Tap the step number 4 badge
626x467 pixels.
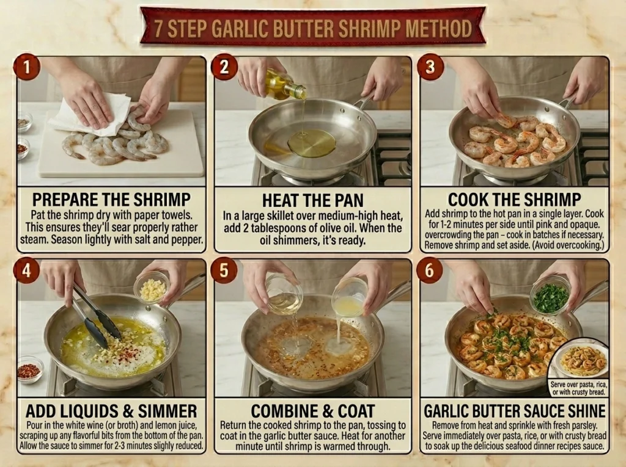point(26,270)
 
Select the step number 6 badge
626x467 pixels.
point(430,270)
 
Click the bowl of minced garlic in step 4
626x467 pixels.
point(152,287)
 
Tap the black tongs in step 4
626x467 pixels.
point(95,317)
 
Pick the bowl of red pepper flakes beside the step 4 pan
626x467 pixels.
point(30,369)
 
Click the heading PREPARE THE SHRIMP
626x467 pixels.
point(111,200)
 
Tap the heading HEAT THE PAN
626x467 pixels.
point(312,200)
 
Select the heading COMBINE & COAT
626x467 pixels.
point(312,411)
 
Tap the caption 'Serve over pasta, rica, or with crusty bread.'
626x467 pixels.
point(578,388)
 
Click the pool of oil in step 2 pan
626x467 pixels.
point(312,143)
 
